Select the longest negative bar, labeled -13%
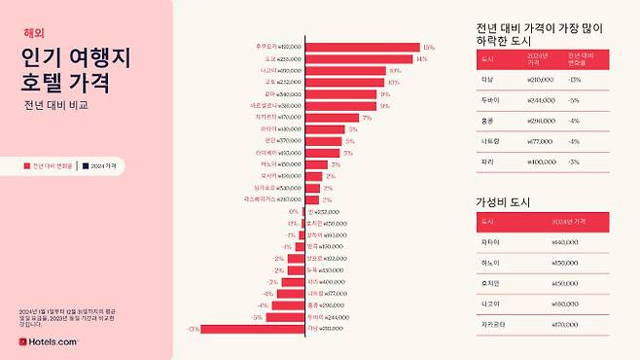coord(254,329)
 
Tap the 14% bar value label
coord(421,58)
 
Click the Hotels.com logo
coord(49,342)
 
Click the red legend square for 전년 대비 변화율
coord(27,166)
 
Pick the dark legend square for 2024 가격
coord(86,166)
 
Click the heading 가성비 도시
coord(502,201)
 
